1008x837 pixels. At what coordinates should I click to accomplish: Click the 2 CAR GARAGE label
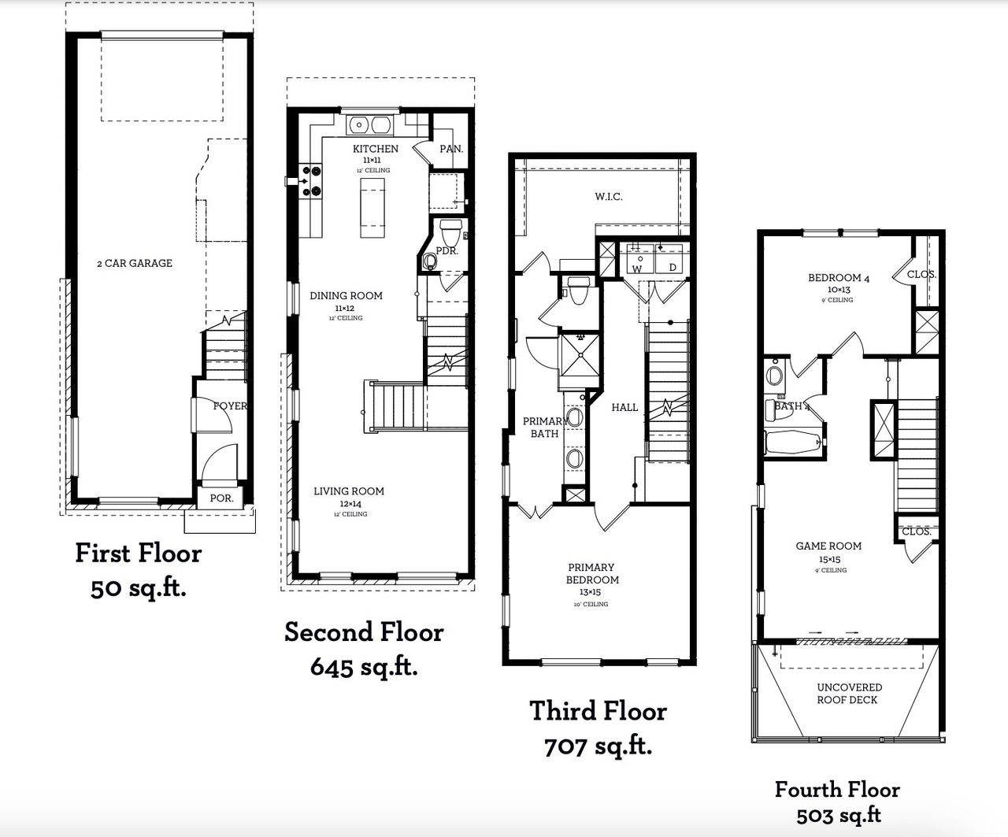[x=134, y=263]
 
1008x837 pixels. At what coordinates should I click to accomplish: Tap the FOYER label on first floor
[x=229, y=406]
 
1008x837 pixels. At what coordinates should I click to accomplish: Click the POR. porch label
[x=221, y=498]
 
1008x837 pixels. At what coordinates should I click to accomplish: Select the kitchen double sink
[x=370, y=124]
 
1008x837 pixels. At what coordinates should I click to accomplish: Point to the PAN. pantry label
[x=450, y=148]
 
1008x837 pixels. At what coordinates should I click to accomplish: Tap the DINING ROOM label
[x=346, y=296]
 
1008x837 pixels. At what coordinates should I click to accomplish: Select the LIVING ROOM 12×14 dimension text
[x=349, y=502]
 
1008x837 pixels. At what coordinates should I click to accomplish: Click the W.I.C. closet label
[x=608, y=196]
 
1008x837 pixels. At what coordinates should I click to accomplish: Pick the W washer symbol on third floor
[x=638, y=268]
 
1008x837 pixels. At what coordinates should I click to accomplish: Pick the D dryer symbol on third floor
[x=673, y=268]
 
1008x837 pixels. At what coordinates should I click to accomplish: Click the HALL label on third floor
[x=624, y=407]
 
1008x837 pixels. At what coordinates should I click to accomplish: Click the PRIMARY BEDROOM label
[x=591, y=573]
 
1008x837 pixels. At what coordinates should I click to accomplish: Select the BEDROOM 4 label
[x=839, y=278]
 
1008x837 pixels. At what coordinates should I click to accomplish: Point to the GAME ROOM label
[x=828, y=546]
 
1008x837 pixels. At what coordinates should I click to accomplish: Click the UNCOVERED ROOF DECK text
[x=847, y=693]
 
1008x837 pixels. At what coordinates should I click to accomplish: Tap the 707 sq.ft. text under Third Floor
[x=598, y=746]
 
